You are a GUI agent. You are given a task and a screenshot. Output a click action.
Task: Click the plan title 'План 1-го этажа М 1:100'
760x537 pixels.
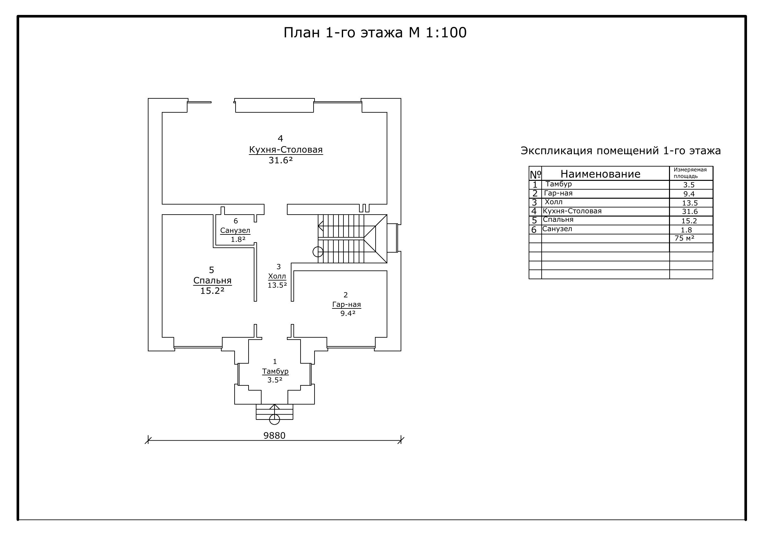[x=375, y=33]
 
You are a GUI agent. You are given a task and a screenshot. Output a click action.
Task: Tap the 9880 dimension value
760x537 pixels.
[x=274, y=436]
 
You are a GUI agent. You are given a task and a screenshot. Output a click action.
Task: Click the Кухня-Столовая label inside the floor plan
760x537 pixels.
[x=286, y=150]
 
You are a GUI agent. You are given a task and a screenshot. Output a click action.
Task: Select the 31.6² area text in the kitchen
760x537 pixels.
[x=281, y=160]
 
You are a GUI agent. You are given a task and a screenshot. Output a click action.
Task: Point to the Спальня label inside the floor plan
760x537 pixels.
[x=213, y=281]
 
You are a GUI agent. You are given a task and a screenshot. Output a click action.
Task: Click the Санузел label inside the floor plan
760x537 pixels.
[x=235, y=231]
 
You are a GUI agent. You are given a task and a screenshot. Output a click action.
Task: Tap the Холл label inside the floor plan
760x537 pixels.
[x=277, y=276]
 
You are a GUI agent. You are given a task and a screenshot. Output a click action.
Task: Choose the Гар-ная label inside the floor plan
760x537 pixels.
[x=347, y=305]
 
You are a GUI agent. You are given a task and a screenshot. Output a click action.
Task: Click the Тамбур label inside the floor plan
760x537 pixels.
[x=276, y=371]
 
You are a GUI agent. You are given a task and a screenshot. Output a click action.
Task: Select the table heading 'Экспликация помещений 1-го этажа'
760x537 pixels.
[x=621, y=151]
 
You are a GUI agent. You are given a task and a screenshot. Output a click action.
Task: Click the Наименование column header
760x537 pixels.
[x=600, y=174]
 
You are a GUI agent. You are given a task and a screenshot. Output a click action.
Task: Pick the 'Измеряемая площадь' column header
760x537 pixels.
[x=690, y=173]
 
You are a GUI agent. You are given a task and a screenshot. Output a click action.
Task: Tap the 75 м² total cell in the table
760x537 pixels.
[x=685, y=238]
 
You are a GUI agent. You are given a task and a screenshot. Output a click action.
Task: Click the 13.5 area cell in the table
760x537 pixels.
[x=690, y=203]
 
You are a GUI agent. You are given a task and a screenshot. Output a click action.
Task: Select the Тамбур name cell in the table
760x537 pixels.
[x=559, y=184]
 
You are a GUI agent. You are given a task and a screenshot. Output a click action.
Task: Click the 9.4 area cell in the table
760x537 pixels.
[x=689, y=194]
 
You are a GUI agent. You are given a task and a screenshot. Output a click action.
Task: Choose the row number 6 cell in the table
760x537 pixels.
[x=534, y=230]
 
